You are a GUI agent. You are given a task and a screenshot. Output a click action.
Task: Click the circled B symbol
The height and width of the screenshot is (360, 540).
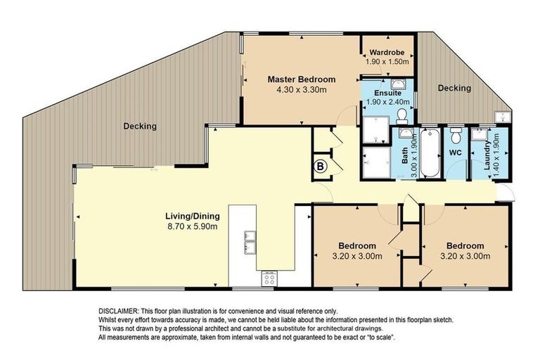point(320,167)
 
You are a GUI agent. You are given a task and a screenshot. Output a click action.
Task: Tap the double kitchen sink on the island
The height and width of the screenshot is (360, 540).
point(250,240)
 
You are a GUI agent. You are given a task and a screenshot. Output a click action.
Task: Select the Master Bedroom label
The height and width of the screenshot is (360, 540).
point(301,79)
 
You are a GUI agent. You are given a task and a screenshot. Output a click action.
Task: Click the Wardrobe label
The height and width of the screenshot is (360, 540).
point(387,52)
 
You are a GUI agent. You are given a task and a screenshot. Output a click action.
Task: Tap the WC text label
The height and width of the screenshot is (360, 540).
point(456,152)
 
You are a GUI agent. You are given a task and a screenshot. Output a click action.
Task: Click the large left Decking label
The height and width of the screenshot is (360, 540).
point(140,127)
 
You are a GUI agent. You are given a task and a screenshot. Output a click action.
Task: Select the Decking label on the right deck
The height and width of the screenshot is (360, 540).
point(454,89)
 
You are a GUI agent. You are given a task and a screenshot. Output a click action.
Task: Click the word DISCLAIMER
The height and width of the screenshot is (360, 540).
point(117,311)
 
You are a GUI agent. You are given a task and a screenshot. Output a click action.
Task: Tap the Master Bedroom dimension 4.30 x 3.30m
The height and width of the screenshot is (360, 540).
point(301,90)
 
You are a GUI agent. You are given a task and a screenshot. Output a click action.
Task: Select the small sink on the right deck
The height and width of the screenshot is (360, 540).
point(503,117)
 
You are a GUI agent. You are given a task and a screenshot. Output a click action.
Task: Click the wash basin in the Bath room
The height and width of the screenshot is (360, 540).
point(406,133)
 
